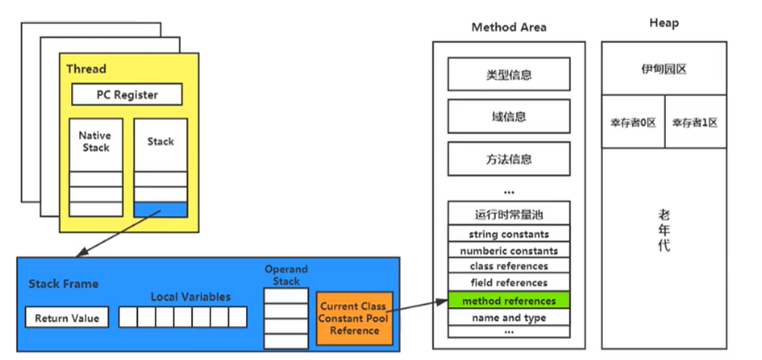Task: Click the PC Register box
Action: [x=126, y=95]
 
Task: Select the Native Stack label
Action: [x=95, y=141]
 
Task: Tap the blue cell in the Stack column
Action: [x=160, y=209]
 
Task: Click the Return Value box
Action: [x=67, y=318]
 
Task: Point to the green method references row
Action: [x=509, y=301]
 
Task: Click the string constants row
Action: [x=509, y=234]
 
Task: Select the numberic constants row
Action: [x=509, y=250]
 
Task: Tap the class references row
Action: [x=509, y=266]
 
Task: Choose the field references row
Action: [x=509, y=283]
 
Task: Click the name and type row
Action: [x=509, y=318]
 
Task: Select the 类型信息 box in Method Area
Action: [x=509, y=75]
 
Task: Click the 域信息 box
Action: [x=509, y=116]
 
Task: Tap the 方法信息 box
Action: [x=509, y=159]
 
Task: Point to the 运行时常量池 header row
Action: [x=509, y=213]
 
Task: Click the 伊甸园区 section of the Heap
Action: [x=664, y=69]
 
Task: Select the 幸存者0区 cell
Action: [x=633, y=122]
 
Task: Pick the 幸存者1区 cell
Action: [x=695, y=122]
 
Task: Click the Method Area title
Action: [x=509, y=27]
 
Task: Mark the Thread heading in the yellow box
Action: [x=86, y=69]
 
